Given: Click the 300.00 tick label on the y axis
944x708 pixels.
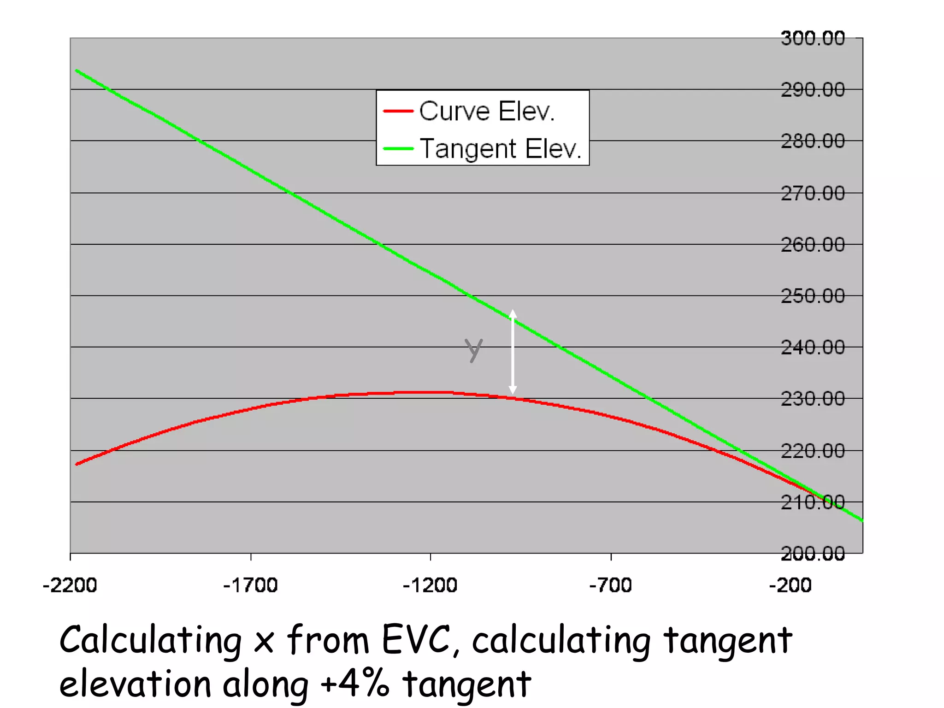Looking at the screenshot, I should pos(813,38).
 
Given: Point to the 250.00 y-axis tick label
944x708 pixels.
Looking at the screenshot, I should pos(813,296).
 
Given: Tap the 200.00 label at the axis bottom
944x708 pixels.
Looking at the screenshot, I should pos(813,553).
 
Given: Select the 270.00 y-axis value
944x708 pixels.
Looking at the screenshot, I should pos(813,194).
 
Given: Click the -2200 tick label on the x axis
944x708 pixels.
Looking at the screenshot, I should pos(70,585).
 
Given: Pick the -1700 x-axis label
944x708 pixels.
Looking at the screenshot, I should pos(250,585).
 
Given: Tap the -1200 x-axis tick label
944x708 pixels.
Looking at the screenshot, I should pos(430,585).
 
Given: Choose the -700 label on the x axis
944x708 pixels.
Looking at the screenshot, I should pos(611,585).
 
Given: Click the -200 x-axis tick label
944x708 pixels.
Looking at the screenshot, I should pos(790,585).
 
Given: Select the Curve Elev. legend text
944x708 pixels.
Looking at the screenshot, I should pos(487,112).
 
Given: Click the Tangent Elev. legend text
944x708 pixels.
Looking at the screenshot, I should pos(501,149).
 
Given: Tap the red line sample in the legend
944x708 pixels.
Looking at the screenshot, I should pos(398,111).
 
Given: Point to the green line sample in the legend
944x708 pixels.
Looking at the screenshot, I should pos(398,148).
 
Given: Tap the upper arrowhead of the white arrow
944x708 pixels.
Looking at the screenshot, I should pos(513,314).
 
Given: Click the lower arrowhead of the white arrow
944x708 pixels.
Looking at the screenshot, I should pos(513,390).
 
